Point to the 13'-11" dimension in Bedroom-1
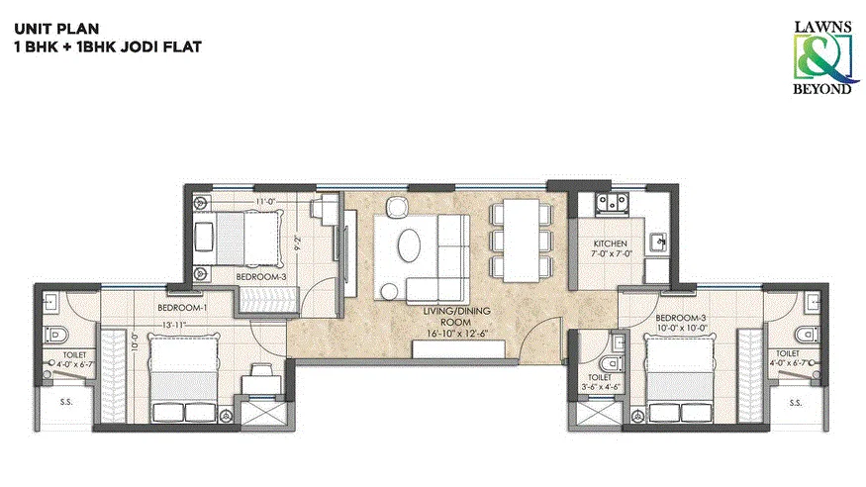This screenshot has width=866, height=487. (174, 323)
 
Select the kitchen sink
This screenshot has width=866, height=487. (655, 242)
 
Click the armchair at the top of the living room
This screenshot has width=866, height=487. (397, 207)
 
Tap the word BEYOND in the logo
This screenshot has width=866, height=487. (826, 89)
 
